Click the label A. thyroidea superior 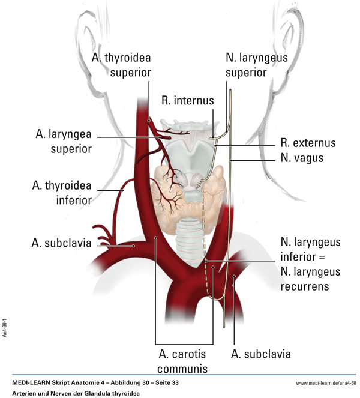point(121,65)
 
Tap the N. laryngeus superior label point(256,65)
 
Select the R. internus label point(187,101)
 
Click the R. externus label point(308,143)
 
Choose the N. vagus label point(302,158)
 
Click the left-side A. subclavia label point(61,243)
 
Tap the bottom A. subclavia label point(260,354)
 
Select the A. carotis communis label point(183,361)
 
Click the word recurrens point(305,286)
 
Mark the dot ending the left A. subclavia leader point(133,245)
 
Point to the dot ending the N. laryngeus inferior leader point(205,261)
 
